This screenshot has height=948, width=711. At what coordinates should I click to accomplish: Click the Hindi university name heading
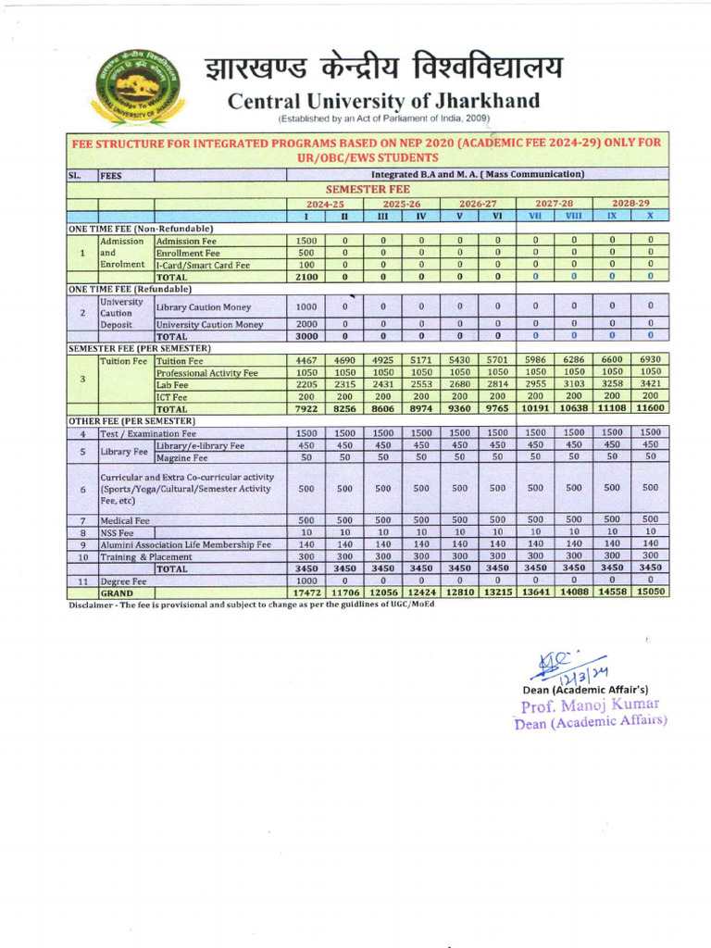[383, 68]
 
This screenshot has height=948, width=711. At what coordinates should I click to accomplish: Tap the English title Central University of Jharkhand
[383, 100]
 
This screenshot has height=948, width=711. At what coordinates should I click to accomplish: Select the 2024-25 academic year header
[326, 203]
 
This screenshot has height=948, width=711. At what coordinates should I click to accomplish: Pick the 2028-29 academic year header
[630, 203]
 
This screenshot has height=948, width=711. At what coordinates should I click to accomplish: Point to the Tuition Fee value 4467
[306, 361]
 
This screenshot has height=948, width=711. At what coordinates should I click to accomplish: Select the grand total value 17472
[306, 592]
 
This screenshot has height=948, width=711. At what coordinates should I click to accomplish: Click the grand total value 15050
[651, 592]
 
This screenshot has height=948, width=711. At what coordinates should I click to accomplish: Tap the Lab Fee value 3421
[651, 384]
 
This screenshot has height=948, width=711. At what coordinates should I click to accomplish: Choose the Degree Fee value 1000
[306, 580]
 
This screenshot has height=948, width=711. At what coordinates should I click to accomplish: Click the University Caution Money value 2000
[306, 324]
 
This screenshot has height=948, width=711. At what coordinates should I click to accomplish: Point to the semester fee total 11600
[651, 408]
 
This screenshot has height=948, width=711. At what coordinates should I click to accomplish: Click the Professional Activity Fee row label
[206, 373]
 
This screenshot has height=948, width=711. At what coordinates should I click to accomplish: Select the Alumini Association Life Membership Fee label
[185, 544]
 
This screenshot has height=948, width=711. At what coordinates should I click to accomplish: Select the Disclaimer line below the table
[251, 605]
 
